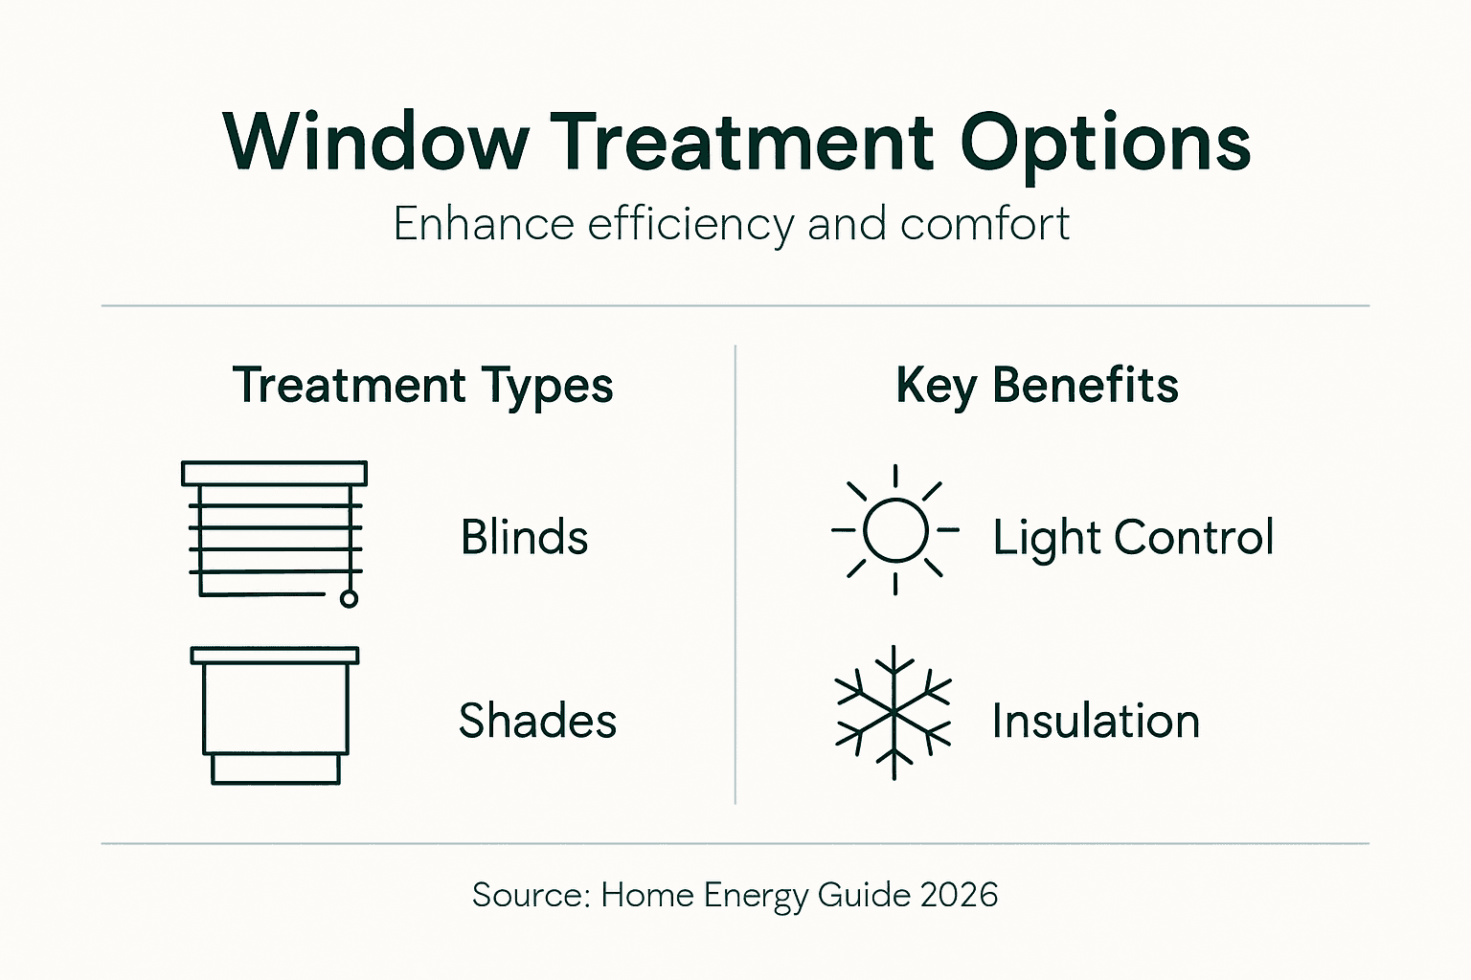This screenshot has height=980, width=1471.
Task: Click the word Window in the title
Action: click(x=375, y=143)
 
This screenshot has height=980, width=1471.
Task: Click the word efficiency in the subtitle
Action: click(x=690, y=225)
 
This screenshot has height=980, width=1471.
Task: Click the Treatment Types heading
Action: click(x=422, y=387)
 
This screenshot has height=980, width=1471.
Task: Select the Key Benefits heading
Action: click(x=1036, y=386)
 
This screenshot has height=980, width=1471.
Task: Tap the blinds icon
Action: click(x=274, y=532)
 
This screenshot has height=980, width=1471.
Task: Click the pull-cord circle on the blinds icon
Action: click(x=350, y=599)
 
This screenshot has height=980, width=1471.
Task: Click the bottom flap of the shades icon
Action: click(x=276, y=768)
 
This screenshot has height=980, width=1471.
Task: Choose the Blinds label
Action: click(x=524, y=537)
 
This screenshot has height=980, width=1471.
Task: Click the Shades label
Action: click(x=537, y=721)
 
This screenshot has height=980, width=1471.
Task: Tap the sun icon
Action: click(x=894, y=530)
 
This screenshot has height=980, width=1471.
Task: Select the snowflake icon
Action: click(x=894, y=713)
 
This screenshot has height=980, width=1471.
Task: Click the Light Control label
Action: click(x=1133, y=538)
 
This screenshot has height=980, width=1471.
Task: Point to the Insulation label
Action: click(x=1096, y=721)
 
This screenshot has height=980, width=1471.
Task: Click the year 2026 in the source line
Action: click(x=959, y=895)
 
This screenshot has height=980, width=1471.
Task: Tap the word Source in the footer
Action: click(x=531, y=895)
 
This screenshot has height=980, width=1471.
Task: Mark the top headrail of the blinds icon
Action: click(x=274, y=473)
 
